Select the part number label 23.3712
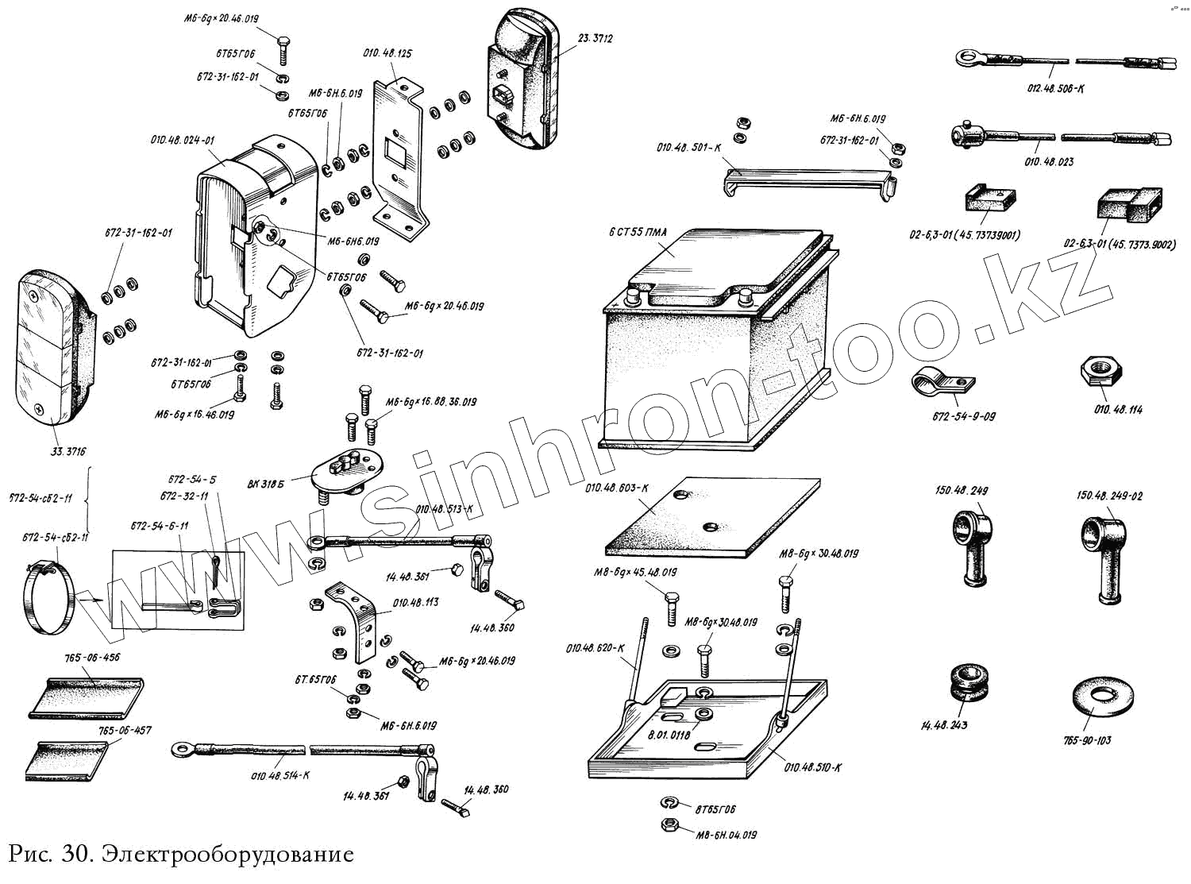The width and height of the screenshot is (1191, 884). point(595,38)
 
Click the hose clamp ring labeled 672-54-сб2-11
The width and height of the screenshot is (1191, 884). point(49,596)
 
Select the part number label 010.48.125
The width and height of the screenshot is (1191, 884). point(387,53)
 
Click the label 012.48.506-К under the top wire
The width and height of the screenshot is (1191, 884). point(1055,88)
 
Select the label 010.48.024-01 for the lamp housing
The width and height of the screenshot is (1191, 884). point(183,140)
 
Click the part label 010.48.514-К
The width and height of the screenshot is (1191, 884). point(280,774)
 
